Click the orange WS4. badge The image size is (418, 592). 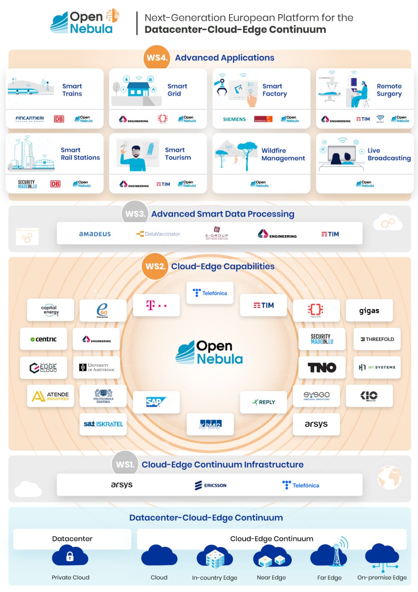coord(156,58)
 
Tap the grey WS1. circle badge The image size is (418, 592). coord(125,464)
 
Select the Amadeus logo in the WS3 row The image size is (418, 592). coord(95,234)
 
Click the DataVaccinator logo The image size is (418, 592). coord(158,234)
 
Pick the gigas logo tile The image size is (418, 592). coord(369,310)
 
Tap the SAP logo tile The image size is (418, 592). coord(156,402)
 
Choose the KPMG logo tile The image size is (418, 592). coord(210,424)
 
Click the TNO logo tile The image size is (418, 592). coord(322,367)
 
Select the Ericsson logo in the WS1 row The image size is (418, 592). coord(211,485)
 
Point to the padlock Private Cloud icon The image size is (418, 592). coord(70,556)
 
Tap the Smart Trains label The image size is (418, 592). coord(72,90)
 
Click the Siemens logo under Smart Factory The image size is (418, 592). coord(234,119)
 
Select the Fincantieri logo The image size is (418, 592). coord(30,119)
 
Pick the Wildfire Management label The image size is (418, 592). coord(283,154)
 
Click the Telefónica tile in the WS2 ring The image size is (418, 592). coord(210,293)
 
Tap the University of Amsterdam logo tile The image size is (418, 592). coord(97,367)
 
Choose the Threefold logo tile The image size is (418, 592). coord(377,339)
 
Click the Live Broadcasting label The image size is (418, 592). coord(389,154)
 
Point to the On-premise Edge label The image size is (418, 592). coord(382,577)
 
